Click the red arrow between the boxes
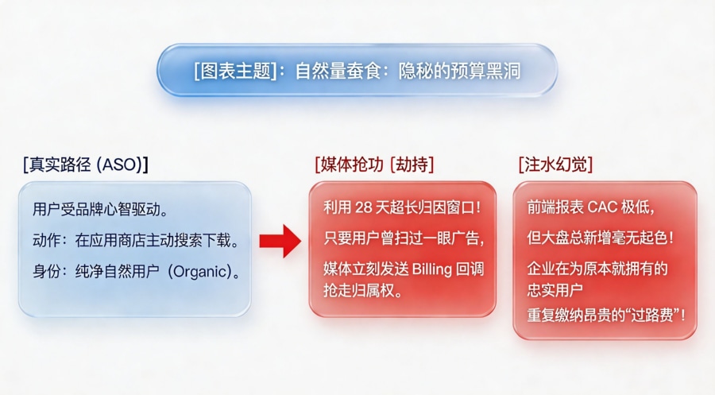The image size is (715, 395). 280,240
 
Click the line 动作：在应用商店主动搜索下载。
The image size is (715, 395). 136,241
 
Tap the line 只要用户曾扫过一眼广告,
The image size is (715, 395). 404,238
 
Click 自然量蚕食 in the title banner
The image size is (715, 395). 334,72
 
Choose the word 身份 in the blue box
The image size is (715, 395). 46,271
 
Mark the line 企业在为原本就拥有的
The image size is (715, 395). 597,268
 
